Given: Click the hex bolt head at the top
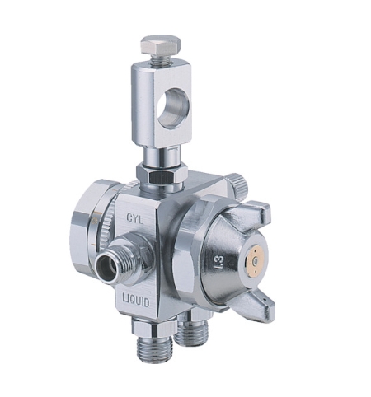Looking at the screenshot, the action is click(x=161, y=45).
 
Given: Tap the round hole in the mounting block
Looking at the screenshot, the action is click(x=173, y=109).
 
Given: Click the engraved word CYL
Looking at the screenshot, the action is click(x=134, y=219).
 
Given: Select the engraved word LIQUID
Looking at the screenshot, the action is click(x=136, y=301).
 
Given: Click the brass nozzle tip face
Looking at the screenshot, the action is click(x=255, y=259).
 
